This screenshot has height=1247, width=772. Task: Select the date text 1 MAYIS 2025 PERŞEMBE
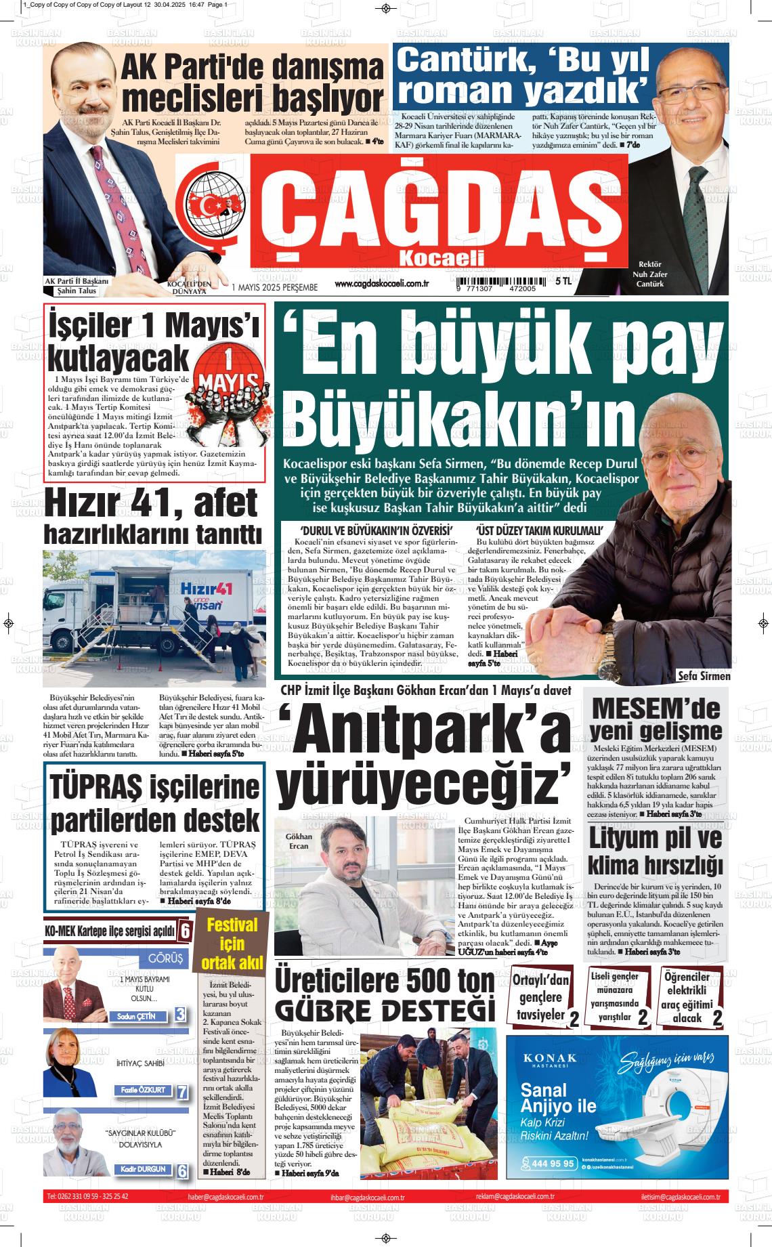pyautogui.click(x=274, y=287)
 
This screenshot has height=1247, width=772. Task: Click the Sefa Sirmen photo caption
pyautogui.click(x=704, y=676)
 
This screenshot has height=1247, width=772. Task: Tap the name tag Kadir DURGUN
pyautogui.click(x=143, y=1169)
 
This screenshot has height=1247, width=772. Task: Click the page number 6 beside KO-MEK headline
pyautogui.click(x=185, y=932)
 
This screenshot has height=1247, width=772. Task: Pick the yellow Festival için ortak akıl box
pyautogui.click(x=232, y=944)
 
